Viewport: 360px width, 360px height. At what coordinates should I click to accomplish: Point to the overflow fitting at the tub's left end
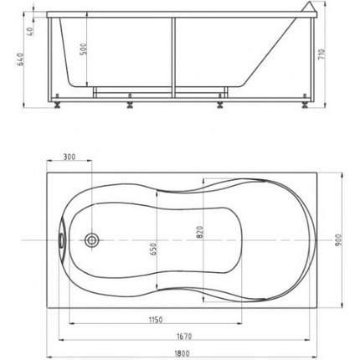tap(61, 239)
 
